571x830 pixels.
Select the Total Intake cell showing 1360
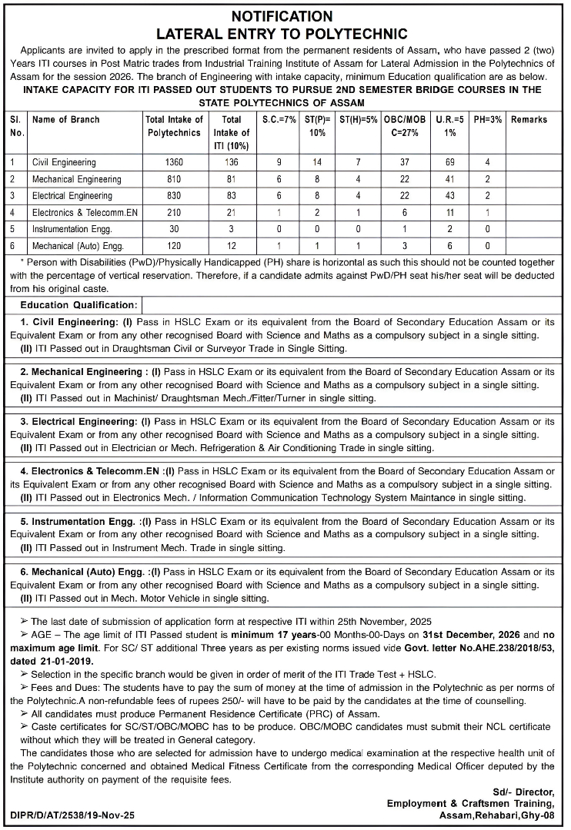174,163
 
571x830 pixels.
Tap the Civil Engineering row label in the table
65,163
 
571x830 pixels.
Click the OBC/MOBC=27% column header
405,126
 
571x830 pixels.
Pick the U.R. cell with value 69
450,163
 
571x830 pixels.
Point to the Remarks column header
529,120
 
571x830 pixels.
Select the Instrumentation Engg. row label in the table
72,229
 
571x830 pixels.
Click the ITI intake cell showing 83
231,196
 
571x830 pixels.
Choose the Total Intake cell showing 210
174,213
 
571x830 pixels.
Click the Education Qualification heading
78,305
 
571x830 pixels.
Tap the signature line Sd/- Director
528,792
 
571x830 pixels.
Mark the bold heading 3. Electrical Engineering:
78,422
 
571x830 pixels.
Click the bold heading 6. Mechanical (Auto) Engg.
82,572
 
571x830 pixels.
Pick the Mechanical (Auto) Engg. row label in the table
78,246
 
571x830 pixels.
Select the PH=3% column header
487,120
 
